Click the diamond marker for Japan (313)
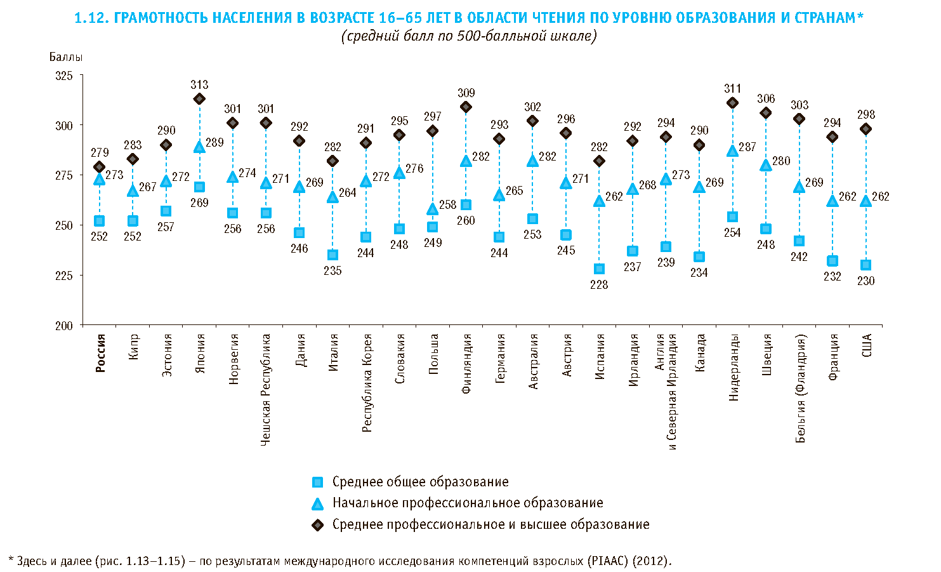pyautogui.click(x=199, y=99)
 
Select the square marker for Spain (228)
pyautogui.click(x=599, y=269)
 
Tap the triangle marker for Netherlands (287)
pyautogui.click(x=732, y=151)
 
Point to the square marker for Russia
pyautogui.click(x=99, y=221)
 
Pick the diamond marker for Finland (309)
pyautogui.click(x=466, y=107)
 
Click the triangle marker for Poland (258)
pyautogui.click(x=433, y=209)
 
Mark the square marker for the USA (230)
pyautogui.click(x=865, y=265)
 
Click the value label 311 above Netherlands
pyautogui.click(x=732, y=89)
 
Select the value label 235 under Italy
pyautogui.click(x=332, y=271)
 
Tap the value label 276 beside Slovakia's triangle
pyautogui.click(x=414, y=169)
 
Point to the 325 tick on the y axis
pyautogui.click(x=64, y=76)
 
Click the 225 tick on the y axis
pyautogui.click(x=64, y=276)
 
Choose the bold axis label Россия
pyautogui.click(x=100, y=353)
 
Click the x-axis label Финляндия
pyautogui.click(x=466, y=364)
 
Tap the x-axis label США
pyautogui.click(x=867, y=345)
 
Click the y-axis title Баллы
pyautogui.click(x=66, y=57)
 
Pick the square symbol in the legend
pyautogui.click(x=318, y=482)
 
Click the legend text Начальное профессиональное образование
pyautogui.click(x=468, y=503)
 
